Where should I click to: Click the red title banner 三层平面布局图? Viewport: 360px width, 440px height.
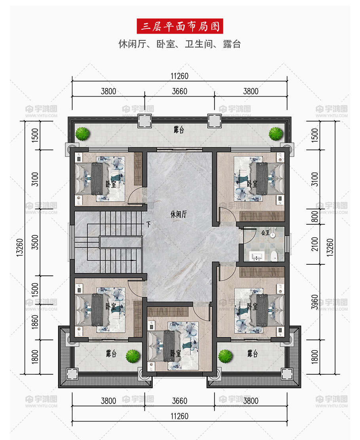tap(180, 26)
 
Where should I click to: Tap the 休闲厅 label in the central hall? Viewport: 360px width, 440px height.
tap(178, 214)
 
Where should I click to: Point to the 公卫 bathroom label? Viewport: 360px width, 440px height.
tap(265, 233)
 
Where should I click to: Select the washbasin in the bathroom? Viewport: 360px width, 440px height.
tap(256, 256)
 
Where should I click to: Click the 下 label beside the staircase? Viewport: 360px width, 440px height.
tap(148, 224)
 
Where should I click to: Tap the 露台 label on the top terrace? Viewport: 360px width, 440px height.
tap(179, 130)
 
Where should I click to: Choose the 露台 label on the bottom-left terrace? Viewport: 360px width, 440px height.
tap(111, 353)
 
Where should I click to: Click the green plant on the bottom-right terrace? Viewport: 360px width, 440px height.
tap(225, 356)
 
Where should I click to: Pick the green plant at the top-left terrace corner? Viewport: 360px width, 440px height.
tap(83, 134)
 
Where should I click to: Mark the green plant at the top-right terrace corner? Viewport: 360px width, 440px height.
tap(276, 134)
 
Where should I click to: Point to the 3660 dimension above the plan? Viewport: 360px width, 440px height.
tap(180, 91)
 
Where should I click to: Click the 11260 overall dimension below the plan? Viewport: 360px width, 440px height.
tap(180, 416)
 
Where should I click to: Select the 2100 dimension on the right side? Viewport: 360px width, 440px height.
tap(315, 244)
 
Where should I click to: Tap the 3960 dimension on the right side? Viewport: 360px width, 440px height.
tap(315, 302)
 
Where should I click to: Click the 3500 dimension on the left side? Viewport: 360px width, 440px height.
tap(35, 242)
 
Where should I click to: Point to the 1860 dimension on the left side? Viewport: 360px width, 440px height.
tap(35, 322)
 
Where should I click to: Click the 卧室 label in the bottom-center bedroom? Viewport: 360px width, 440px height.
tap(176, 353)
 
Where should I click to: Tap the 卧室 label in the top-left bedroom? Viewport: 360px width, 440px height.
tap(111, 184)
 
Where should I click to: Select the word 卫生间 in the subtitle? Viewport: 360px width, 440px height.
tap(199, 44)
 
